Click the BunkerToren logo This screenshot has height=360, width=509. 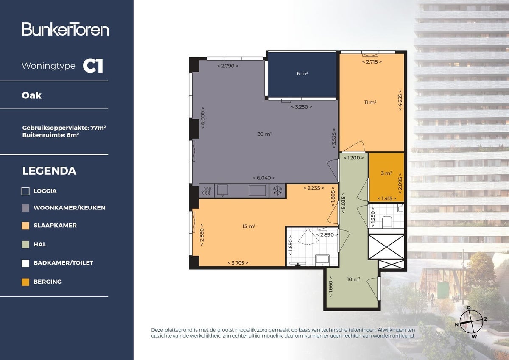[x=65, y=29]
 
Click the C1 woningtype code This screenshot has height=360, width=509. [x=93, y=66]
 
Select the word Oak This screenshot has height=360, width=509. [x=32, y=95]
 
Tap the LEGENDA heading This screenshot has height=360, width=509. [x=49, y=171]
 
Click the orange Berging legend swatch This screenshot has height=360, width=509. [x=25, y=282]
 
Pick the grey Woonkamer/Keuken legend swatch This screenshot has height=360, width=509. [x=25, y=208]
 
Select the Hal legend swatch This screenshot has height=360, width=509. [x=25, y=244]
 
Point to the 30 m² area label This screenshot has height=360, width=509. [x=265, y=134]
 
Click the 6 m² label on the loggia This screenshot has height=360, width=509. [x=302, y=73]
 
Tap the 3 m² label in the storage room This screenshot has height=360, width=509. [x=386, y=173]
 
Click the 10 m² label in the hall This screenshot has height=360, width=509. [x=353, y=279]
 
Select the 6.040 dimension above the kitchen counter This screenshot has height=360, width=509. [x=263, y=178]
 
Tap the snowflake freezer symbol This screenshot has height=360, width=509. [x=277, y=191]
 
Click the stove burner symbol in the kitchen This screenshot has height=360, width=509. [x=207, y=191]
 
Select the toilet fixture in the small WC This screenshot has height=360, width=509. [x=386, y=221]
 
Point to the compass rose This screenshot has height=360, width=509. [x=471, y=321]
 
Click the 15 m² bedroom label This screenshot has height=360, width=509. [x=249, y=226]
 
